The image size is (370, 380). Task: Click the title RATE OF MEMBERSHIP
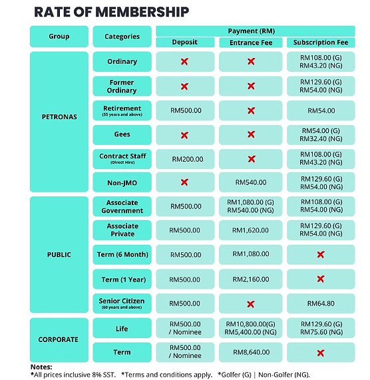111,13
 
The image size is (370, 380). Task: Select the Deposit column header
185,43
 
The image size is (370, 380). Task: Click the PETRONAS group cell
59,117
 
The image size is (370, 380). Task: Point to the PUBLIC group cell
59,254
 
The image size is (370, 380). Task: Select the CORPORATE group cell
59,339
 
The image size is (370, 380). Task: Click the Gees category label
122,134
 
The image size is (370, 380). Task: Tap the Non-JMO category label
122,182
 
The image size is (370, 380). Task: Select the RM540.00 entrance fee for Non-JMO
251,182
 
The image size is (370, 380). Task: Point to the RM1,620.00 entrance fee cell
251,230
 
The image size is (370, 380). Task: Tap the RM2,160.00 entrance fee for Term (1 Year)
251,279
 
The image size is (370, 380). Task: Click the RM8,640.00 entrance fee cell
251,351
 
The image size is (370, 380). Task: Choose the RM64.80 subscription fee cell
320,303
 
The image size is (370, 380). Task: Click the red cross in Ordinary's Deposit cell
185,61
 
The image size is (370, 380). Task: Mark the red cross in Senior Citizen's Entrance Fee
251,303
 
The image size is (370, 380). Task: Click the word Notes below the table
41,367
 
